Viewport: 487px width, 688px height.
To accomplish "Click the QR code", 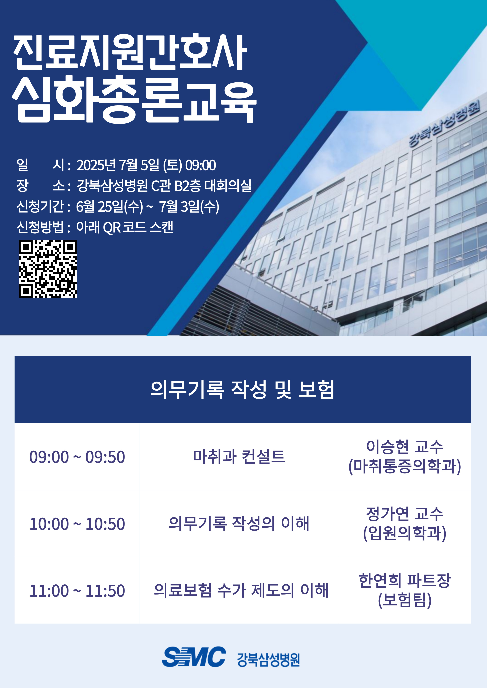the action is coord(48,269).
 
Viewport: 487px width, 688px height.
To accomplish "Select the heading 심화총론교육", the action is coord(134,100).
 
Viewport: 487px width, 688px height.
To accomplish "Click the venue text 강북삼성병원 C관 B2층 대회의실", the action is coord(164,186).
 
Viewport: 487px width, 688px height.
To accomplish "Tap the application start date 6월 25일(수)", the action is coord(109,206).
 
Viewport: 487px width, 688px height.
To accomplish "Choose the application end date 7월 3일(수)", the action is coord(189,206).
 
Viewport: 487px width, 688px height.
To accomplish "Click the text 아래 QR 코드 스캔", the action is coord(125,227).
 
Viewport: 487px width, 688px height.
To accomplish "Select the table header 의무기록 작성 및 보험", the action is coord(242,390).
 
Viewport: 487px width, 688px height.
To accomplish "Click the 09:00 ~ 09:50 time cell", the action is coord(77,457).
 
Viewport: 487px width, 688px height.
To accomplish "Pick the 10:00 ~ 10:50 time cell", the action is coord(77,524).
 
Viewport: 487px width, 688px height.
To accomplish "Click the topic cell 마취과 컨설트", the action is coord(239,456).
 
